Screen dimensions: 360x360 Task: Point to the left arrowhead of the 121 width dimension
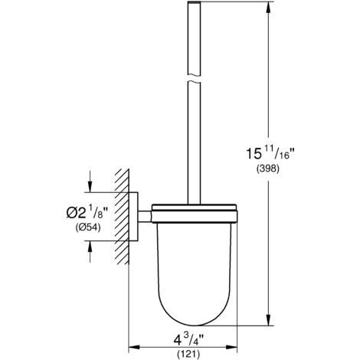click(x=130, y=322)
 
